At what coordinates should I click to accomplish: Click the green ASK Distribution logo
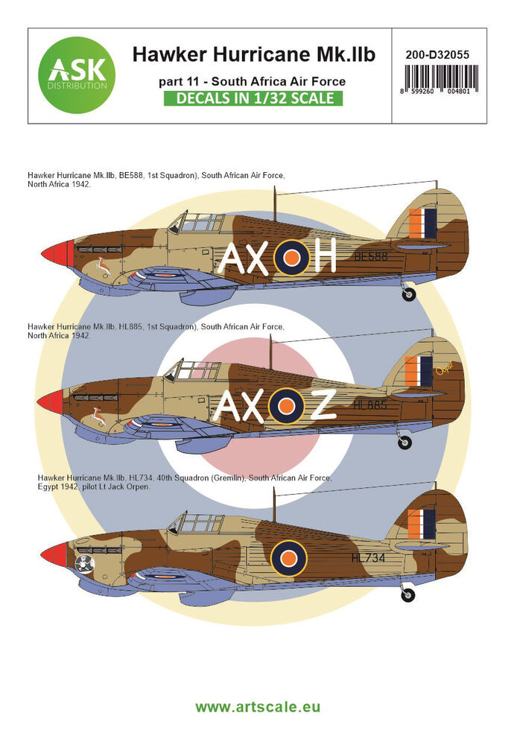[77, 75]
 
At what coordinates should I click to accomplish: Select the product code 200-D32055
[437, 54]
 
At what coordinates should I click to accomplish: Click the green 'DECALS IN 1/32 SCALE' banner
[253, 98]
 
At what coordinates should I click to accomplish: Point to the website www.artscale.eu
[258, 707]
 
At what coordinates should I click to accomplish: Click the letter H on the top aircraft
[323, 256]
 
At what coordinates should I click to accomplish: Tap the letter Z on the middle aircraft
[323, 405]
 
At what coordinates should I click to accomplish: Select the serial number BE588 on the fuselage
[371, 256]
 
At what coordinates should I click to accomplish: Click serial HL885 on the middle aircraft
[370, 405]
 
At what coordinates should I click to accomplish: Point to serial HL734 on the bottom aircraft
[368, 558]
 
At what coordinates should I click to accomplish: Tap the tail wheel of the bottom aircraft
[407, 595]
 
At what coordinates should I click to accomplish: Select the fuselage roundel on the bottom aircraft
[288, 559]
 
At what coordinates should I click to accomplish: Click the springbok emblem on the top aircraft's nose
[103, 267]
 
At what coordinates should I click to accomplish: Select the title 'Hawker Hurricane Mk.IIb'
[254, 54]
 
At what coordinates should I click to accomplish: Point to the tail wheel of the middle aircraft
[405, 442]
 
